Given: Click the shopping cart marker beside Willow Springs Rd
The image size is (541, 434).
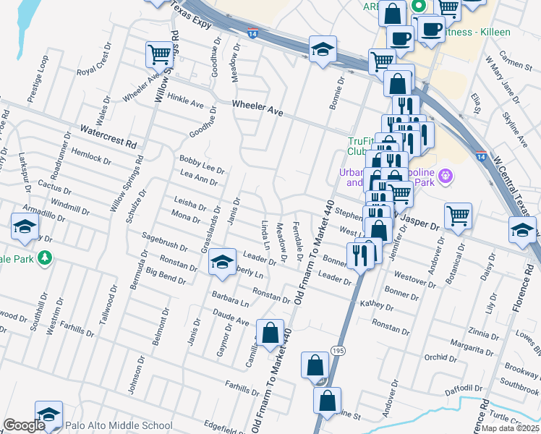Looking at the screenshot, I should point(158,54).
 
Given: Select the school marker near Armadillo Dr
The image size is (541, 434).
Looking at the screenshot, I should point(25,226).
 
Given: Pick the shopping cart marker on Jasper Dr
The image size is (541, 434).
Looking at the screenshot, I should point(458,215).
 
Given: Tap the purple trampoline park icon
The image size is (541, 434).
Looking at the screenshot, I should point(444,175).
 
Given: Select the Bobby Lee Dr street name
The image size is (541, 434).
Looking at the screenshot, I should point(203,164).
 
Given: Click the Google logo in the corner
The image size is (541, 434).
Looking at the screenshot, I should point(23,425).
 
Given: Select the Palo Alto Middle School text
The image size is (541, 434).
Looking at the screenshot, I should point(119,425).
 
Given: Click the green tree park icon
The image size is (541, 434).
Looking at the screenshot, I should point(45,258).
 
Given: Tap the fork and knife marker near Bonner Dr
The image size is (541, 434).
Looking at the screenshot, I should point(359,254).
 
